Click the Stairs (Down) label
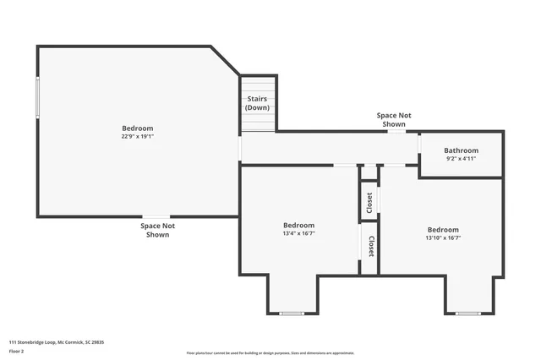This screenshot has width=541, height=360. pyautogui.click(x=258, y=104)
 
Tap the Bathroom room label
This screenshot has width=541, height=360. pyautogui.click(x=462, y=150)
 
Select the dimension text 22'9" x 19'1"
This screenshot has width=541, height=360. pyautogui.click(x=136, y=136)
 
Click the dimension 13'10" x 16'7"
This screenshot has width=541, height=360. pyautogui.click(x=443, y=237)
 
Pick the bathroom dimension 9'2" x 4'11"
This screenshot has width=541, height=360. pyautogui.click(x=462, y=158)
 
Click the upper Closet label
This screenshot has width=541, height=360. pyautogui.click(x=369, y=202)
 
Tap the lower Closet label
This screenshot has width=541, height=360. pyautogui.click(x=370, y=246)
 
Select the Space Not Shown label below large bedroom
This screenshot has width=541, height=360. pyautogui.click(x=157, y=230)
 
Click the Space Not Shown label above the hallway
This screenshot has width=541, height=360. pyautogui.click(x=394, y=119)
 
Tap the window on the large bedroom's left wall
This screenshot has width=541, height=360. pyautogui.click(x=37, y=98)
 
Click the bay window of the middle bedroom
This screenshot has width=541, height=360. pyautogui.click(x=292, y=314)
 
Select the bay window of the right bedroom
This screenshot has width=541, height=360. pyautogui.click(x=467, y=314)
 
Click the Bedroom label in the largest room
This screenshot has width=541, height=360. pyautogui.click(x=136, y=128)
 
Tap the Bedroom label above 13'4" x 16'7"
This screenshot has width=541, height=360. pyautogui.click(x=298, y=225)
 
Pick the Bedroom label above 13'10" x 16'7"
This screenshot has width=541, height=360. pyautogui.click(x=443, y=230)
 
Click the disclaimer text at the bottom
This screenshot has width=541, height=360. pyautogui.click(x=270, y=353)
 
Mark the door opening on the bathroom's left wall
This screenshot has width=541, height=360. pyautogui.click(x=420, y=145)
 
